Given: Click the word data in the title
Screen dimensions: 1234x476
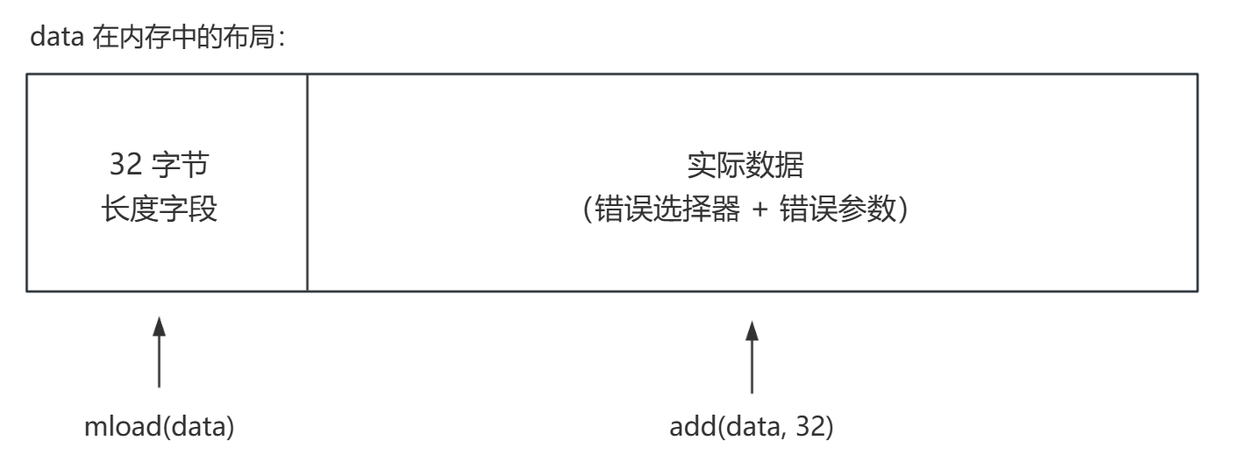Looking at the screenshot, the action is (57, 38).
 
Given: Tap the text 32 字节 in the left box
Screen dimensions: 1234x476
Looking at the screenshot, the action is (160, 164).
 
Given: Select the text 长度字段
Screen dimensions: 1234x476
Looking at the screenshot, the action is (160, 209).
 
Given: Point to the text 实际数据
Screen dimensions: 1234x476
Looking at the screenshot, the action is (745, 165).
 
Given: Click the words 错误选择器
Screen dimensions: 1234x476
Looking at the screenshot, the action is (667, 209).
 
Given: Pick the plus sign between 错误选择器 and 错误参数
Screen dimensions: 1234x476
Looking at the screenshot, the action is (760, 210).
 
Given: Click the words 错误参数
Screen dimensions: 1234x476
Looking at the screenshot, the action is (838, 209).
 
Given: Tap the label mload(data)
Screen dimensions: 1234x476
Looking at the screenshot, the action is (160, 427).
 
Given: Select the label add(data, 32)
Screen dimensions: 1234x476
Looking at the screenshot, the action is (752, 427).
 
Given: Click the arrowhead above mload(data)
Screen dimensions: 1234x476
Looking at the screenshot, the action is (160, 326).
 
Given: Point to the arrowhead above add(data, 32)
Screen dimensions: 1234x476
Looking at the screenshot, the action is (752, 330).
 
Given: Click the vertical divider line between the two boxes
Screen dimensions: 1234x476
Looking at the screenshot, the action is (307, 182).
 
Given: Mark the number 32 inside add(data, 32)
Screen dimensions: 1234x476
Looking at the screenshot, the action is (810, 426).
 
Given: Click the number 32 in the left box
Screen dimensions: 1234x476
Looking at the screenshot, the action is (126, 164).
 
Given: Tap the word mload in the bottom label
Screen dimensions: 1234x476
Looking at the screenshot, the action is (123, 426).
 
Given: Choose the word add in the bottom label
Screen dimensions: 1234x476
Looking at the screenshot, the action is (693, 426).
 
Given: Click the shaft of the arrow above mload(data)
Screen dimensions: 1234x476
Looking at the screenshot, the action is (160, 362).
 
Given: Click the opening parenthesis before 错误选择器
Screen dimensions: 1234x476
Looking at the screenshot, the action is (588, 210).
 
